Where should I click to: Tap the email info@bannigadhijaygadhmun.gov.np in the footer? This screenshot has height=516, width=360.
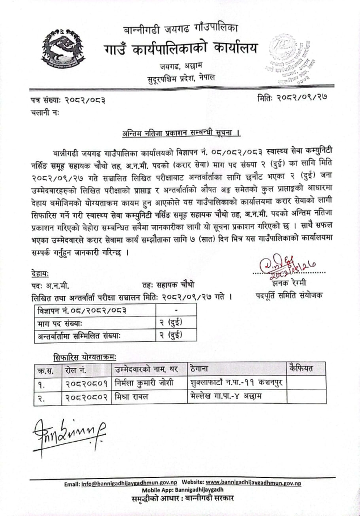click(x=129, y=483)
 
